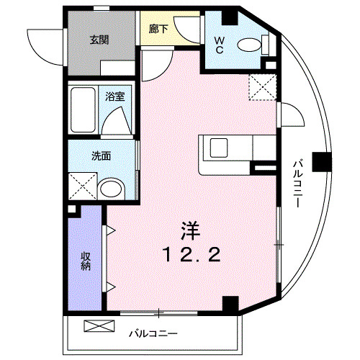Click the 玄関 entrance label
[x=99, y=40]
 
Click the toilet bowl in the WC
[x=249, y=45]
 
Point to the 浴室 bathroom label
[x=113, y=96]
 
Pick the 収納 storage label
[x=85, y=261]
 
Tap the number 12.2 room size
[x=189, y=253]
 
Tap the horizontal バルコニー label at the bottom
[x=153, y=334]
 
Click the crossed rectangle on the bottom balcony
[x=99, y=325]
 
